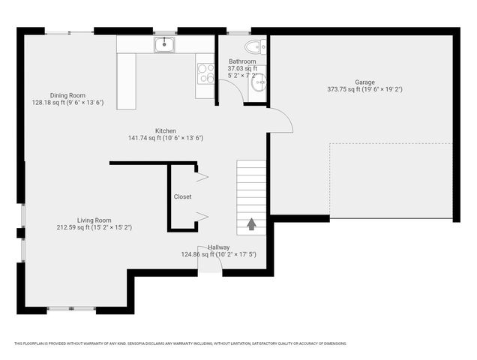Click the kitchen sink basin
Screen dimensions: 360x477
(x=164, y=45)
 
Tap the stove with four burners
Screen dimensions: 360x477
(x=205, y=73)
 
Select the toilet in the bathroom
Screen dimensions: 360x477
(x=255, y=46)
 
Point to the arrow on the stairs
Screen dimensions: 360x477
(x=250, y=223)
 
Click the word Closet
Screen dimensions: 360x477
(x=182, y=197)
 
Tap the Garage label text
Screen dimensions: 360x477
(x=364, y=82)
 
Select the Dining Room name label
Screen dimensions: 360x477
(x=67, y=95)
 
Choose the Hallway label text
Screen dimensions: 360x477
(x=218, y=247)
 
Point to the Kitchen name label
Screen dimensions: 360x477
(x=166, y=130)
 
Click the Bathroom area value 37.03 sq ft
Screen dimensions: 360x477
(x=242, y=68)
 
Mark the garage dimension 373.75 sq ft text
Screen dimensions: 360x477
(x=343, y=89)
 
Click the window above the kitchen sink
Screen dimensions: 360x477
(x=164, y=31)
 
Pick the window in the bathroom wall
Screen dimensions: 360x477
(x=239, y=31)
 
